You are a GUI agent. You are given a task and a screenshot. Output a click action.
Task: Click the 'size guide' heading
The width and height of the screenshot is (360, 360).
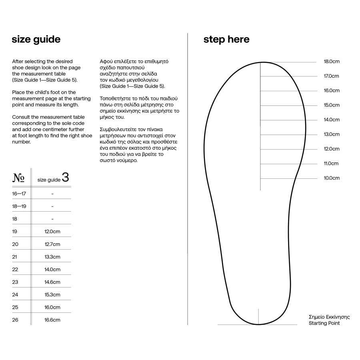[x=36, y=40]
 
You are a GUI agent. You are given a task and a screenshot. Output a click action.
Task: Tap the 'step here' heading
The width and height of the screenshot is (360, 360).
[x=226, y=40]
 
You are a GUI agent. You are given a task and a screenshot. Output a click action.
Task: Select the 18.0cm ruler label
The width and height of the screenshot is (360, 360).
[x=332, y=62]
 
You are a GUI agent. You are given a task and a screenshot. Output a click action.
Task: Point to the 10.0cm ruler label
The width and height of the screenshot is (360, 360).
[x=332, y=178]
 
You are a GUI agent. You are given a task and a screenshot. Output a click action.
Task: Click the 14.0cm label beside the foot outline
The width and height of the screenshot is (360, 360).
[x=332, y=120]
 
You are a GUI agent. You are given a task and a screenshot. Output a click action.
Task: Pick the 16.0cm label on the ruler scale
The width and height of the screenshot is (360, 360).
[x=332, y=90]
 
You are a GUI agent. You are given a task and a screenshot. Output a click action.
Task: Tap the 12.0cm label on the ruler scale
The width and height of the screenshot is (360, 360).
[x=332, y=149]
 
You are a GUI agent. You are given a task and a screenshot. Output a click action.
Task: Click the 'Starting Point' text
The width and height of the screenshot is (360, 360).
[x=324, y=323]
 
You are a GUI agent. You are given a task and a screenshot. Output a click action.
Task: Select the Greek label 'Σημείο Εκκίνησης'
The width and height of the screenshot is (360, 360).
[x=329, y=317]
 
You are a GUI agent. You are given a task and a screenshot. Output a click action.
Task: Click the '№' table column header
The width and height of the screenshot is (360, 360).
[x=18, y=178]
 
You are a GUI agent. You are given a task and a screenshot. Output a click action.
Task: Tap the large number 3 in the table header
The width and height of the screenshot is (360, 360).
[x=66, y=177]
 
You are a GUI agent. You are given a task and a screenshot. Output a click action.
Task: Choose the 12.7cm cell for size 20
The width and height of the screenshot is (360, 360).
[x=52, y=244]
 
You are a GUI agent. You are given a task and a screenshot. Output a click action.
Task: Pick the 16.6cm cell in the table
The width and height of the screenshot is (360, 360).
[x=52, y=320]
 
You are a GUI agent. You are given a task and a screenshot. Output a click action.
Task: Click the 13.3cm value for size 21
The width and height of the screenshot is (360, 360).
[x=52, y=257]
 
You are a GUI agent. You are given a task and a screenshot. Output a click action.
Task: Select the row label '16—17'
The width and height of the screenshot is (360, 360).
[x=19, y=194]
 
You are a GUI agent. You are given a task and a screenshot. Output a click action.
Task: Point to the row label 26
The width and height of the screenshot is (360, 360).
[x=15, y=320]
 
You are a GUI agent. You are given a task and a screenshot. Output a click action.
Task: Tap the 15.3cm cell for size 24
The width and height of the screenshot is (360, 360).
[x=52, y=295]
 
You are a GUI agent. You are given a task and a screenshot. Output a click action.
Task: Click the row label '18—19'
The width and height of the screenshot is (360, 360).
[x=19, y=206]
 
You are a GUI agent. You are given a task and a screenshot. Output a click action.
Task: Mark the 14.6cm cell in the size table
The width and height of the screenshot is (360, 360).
[x=52, y=282]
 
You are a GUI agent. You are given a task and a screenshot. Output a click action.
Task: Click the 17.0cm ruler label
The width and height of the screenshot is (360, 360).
[x=332, y=76]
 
